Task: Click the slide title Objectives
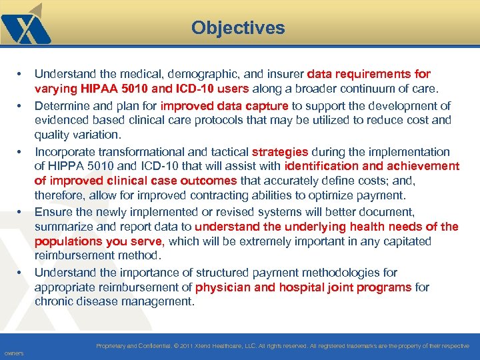238,28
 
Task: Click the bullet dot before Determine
20,106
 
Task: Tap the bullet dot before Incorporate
20,152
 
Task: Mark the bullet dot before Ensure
20,212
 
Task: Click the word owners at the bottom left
13,353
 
